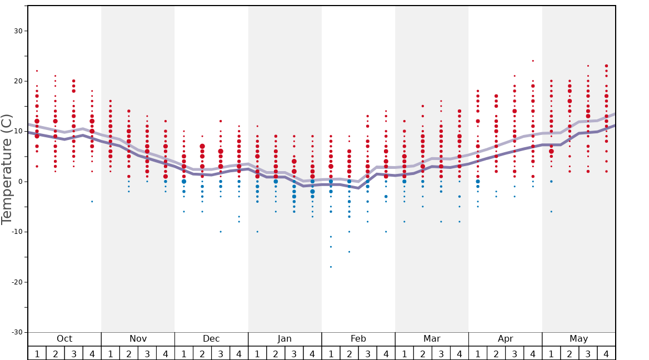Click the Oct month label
point(64,339)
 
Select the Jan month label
point(284,339)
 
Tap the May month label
point(578,339)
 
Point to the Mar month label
point(432,339)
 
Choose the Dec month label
point(211,339)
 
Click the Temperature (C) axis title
point(7,169)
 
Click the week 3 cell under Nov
point(147,353)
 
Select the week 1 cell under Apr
point(478,353)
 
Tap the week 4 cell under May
point(606,353)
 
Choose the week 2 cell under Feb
point(349,353)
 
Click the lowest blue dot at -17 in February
point(331,267)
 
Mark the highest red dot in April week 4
point(533,61)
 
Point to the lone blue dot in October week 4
point(92,201)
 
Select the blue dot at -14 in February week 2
point(349,252)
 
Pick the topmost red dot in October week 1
point(37,71)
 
